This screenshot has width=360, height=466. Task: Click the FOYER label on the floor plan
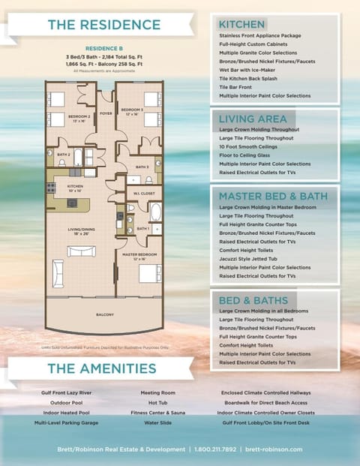click(106, 114)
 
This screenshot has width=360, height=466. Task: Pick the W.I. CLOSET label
click(144, 194)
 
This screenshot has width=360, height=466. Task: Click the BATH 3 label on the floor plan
click(142, 167)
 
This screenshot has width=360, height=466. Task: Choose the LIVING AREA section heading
click(251, 119)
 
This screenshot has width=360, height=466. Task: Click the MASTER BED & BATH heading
click(272, 196)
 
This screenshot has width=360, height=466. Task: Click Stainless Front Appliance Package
click(259, 35)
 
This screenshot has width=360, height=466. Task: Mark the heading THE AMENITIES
click(101, 368)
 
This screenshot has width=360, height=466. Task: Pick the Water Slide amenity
click(157, 422)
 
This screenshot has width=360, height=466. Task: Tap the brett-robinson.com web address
click(274, 449)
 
